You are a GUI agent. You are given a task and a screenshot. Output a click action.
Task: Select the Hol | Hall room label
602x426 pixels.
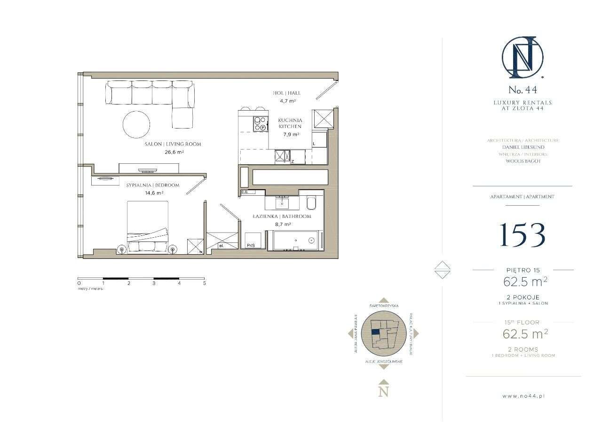pyautogui.click(x=286, y=93)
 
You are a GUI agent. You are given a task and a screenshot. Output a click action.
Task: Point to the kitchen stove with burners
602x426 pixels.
pyautogui.click(x=260, y=123)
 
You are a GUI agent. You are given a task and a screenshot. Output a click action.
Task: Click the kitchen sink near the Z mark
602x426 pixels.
pyautogui.click(x=283, y=156)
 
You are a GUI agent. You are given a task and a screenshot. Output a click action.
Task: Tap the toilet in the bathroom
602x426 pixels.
pyautogui.click(x=311, y=203)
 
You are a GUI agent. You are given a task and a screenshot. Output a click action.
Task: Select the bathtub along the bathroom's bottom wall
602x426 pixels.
pyautogui.click(x=295, y=241)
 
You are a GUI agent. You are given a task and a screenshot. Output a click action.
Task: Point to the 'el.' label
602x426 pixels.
pyautogui.click(x=222, y=246)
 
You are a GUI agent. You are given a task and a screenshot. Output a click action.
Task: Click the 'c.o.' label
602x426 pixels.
pyautogui.click(x=244, y=192)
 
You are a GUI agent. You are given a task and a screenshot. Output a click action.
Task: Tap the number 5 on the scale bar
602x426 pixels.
pyautogui.click(x=204, y=283)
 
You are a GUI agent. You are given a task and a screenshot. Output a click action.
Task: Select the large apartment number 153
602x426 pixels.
pyautogui.click(x=522, y=234)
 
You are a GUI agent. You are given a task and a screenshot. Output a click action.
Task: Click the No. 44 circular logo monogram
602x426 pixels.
pyautogui.click(x=522, y=58)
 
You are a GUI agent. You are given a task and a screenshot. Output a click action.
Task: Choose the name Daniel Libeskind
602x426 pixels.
pyautogui.click(x=523, y=147)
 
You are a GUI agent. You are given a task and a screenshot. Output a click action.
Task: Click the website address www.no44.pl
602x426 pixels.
pyautogui.click(x=523, y=396)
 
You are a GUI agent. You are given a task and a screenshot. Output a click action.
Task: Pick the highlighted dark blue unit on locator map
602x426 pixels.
pyautogui.click(x=375, y=331)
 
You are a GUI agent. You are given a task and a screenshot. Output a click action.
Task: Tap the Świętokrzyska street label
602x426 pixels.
pyautogui.click(x=384, y=306)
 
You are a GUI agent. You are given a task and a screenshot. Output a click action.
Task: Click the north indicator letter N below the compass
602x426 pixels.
pyautogui.click(x=384, y=391)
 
